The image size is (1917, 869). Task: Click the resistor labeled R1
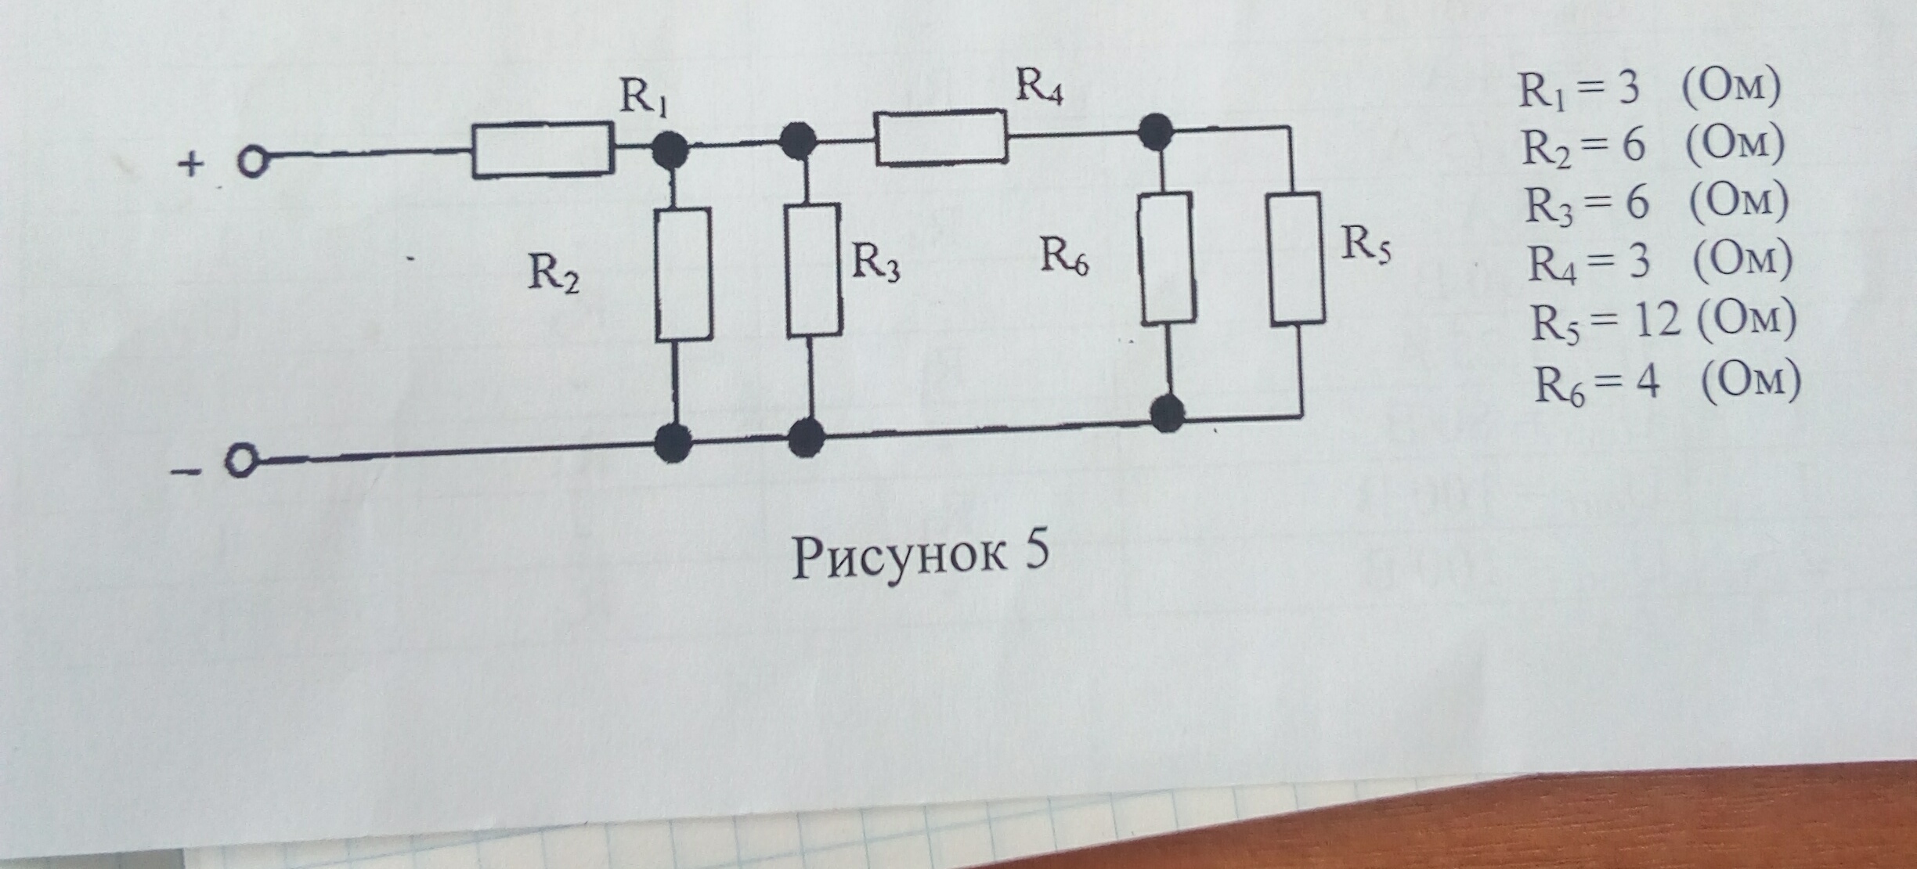(542, 150)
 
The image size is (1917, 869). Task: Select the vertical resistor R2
(684, 274)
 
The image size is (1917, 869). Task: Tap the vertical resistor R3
(814, 270)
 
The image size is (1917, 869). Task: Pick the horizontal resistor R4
(940, 138)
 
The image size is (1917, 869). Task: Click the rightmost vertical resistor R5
(1297, 258)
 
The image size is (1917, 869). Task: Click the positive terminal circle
(251, 163)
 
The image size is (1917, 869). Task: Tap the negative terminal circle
(240, 461)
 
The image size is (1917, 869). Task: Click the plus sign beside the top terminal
(191, 164)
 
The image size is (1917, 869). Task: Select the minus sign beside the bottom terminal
(186, 471)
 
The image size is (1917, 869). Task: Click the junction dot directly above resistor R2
(670, 150)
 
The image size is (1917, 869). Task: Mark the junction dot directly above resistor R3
(799, 142)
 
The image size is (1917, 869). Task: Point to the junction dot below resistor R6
(1168, 413)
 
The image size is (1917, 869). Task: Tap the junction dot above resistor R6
(1156, 131)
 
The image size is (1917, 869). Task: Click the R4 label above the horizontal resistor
(1039, 86)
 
